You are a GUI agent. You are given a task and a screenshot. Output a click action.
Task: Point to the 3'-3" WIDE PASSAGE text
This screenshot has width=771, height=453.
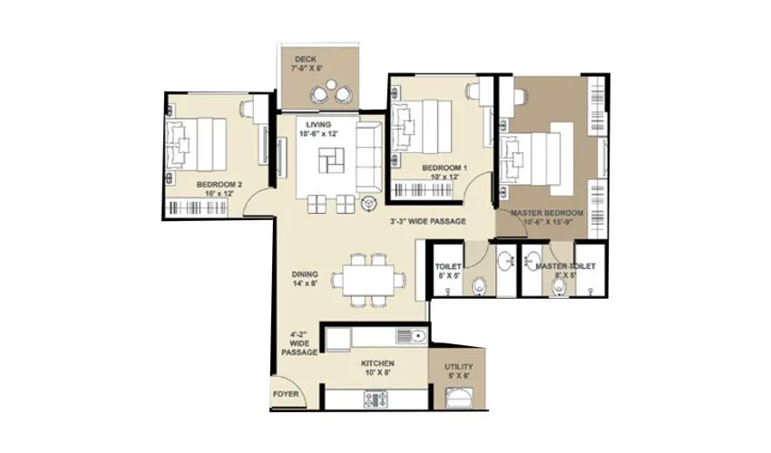pyautogui.click(x=427, y=221)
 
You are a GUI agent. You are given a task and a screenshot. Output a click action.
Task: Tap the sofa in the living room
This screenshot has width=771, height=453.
pyautogui.click(x=368, y=158)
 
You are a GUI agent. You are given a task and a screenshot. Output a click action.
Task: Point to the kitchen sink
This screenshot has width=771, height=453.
pyautogui.click(x=415, y=338)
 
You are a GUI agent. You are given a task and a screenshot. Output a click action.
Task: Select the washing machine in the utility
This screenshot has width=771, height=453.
pyautogui.click(x=460, y=396)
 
